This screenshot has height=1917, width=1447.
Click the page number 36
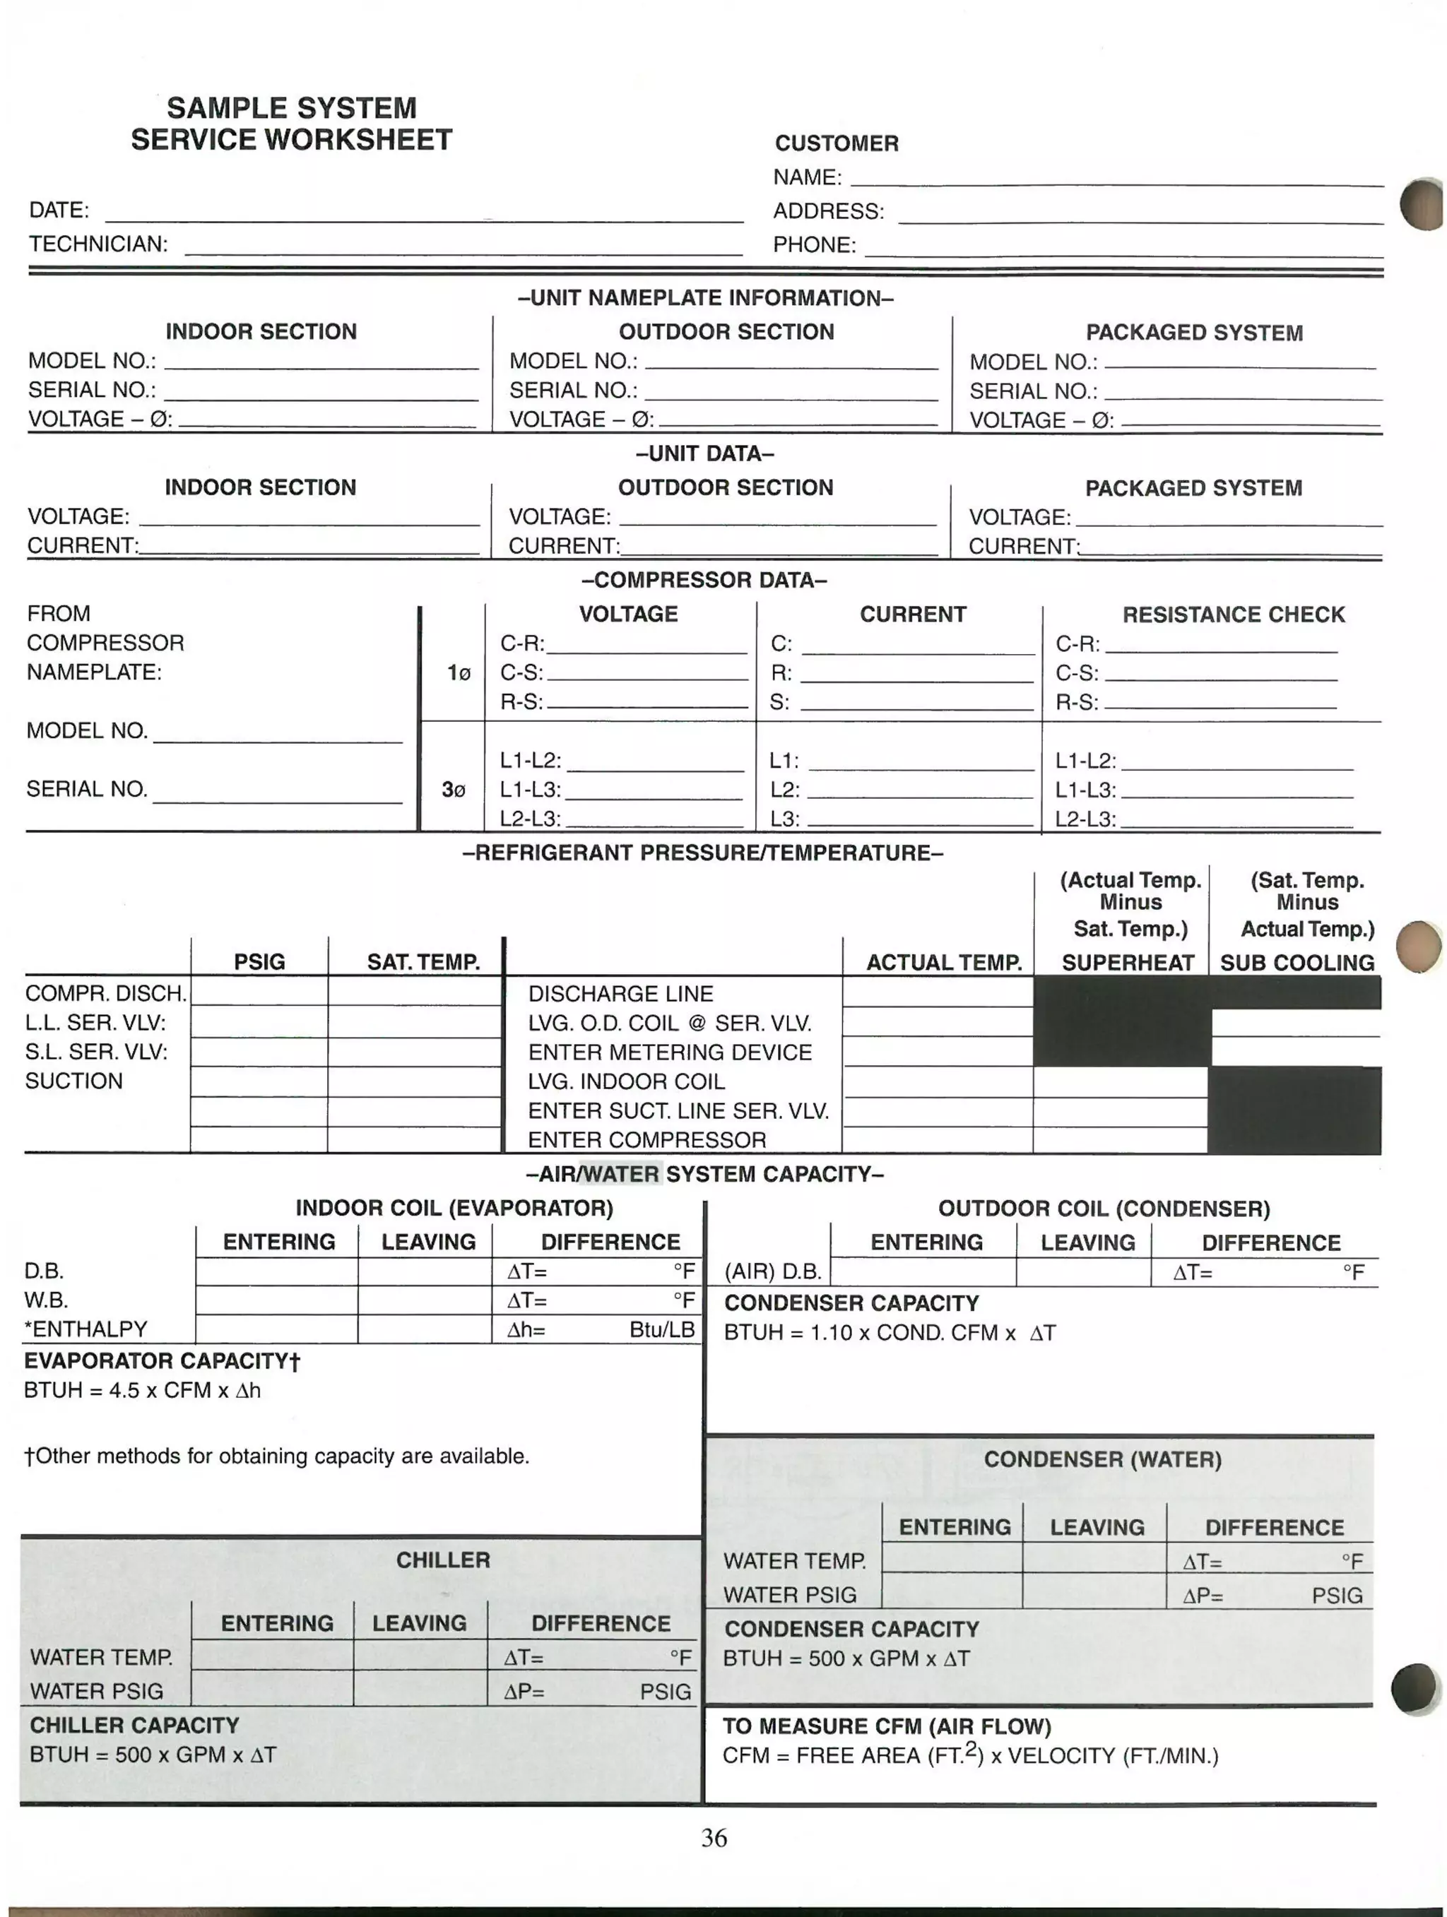(x=714, y=1837)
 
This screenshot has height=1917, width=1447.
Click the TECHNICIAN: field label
(x=98, y=244)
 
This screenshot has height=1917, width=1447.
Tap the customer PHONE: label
(x=814, y=245)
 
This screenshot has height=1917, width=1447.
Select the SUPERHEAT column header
(x=1127, y=963)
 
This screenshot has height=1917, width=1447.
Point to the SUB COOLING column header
(x=1297, y=963)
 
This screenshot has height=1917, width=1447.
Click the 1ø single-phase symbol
(x=459, y=673)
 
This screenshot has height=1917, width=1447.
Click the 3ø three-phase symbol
(x=454, y=790)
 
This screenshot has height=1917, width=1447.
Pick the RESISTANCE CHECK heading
(x=1233, y=615)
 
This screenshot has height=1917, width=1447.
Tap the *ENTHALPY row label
(x=85, y=1329)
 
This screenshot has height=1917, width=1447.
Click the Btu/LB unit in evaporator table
(x=662, y=1330)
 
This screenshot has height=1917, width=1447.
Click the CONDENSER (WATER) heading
(x=1102, y=1459)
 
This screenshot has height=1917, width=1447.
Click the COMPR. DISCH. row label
(x=106, y=993)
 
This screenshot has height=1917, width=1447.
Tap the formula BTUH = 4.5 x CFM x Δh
(x=142, y=1390)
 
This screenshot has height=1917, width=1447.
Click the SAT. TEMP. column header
(x=423, y=962)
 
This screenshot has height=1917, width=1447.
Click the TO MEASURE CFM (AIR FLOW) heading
(x=886, y=1726)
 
